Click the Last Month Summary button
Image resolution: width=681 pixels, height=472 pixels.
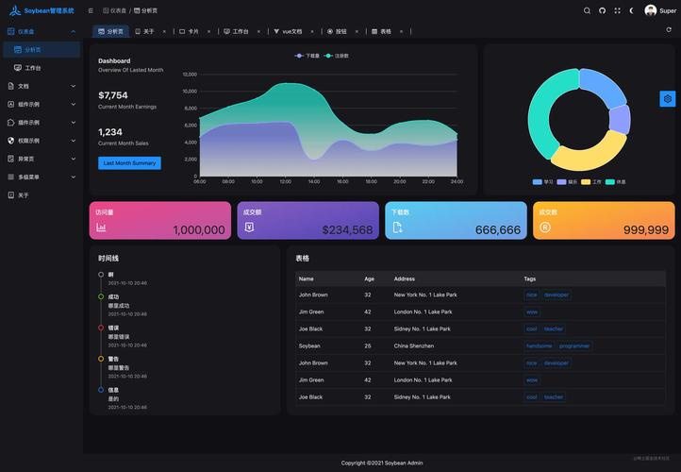click(129, 163)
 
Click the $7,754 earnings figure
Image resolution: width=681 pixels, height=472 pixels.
click(113, 95)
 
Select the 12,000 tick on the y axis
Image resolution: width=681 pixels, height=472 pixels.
click(190, 74)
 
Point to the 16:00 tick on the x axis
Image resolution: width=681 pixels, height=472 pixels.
click(342, 181)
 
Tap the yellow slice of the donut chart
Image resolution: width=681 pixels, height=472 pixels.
click(590, 150)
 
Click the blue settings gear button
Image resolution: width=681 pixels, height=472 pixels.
click(668, 98)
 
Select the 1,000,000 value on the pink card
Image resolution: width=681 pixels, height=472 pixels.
click(198, 229)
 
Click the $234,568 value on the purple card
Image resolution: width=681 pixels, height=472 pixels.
click(347, 229)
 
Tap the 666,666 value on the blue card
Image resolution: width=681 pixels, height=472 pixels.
click(497, 229)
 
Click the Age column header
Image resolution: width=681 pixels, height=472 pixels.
click(369, 278)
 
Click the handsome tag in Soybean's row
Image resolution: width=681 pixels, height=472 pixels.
click(540, 346)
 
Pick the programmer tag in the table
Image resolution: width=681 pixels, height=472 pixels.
click(573, 346)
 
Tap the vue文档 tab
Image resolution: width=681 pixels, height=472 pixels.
click(291, 31)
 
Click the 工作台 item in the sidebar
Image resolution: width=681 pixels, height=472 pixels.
click(33, 68)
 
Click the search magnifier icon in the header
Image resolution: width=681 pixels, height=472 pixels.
click(587, 10)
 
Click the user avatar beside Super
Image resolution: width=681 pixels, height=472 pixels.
click(651, 10)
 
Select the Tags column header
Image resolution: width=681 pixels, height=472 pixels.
click(531, 278)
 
